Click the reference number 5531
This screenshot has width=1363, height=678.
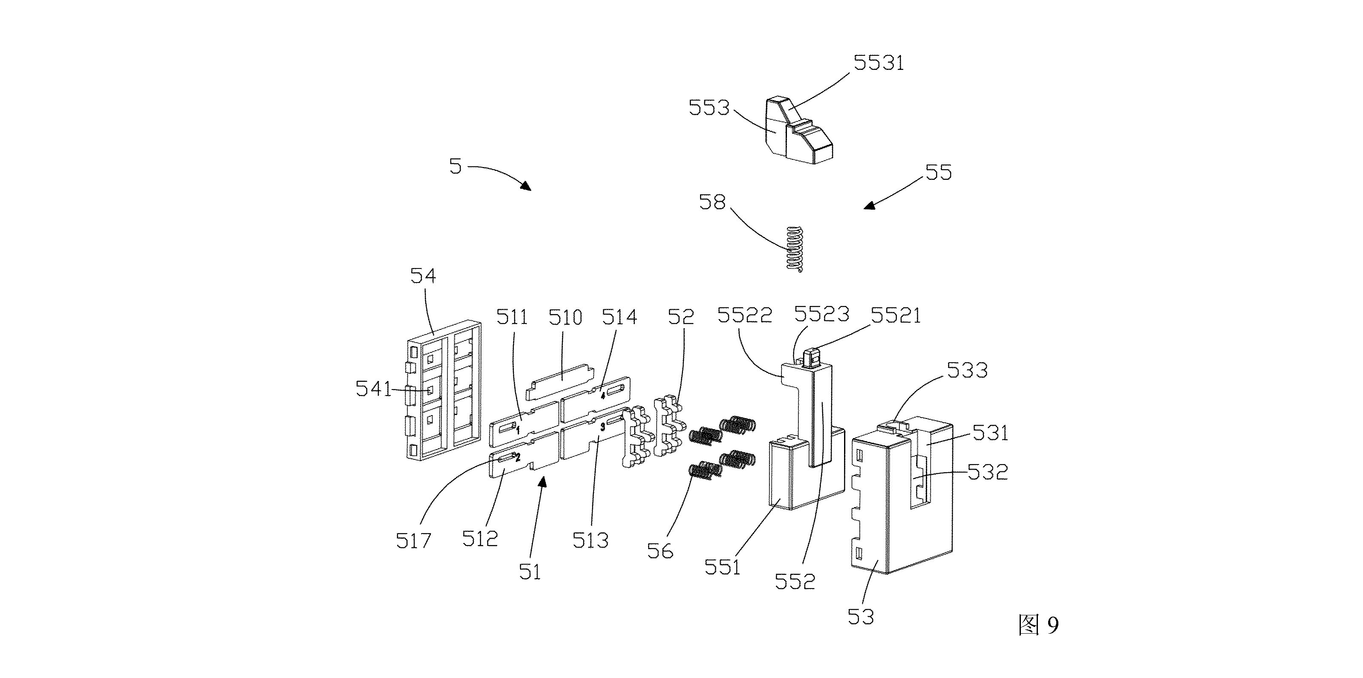click(x=879, y=63)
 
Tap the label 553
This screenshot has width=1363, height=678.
click(x=709, y=108)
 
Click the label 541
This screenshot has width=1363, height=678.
click(x=374, y=389)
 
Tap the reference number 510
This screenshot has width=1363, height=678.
click(x=565, y=317)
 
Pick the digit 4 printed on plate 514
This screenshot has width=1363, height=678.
click(x=602, y=394)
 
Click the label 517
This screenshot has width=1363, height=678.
click(x=413, y=540)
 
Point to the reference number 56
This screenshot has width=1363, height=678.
click(x=660, y=551)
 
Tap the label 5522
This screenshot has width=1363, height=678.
click(x=744, y=315)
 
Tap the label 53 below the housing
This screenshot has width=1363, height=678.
click(x=861, y=617)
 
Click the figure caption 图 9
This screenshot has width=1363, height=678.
click(x=1039, y=625)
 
